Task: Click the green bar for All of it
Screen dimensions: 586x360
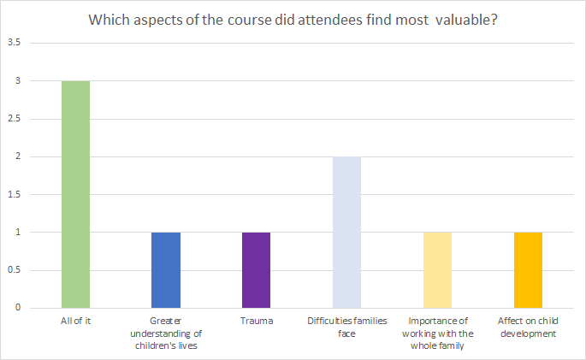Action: click(x=75, y=195)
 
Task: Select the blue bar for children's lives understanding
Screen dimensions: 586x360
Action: click(x=166, y=270)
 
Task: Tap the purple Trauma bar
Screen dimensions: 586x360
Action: click(x=257, y=270)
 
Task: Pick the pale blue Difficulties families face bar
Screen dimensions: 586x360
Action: click(x=346, y=233)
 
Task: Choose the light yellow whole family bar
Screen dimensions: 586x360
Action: click(x=437, y=270)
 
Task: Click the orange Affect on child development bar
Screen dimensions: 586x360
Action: click(x=528, y=270)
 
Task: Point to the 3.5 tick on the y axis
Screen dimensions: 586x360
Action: click(x=15, y=43)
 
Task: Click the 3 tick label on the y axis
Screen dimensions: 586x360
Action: click(x=18, y=80)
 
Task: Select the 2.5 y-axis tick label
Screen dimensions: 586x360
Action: click(x=15, y=119)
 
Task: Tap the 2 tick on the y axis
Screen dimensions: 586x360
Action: click(x=18, y=156)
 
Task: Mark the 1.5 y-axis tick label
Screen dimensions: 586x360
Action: click(x=15, y=195)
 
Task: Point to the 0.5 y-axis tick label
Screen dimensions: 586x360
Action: click(x=15, y=270)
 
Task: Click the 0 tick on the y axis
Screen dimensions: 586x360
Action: click(x=18, y=308)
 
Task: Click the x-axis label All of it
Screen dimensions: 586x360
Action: click(x=75, y=322)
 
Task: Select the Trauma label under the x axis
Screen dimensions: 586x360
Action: click(x=257, y=322)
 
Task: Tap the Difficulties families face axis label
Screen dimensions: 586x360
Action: click(x=346, y=328)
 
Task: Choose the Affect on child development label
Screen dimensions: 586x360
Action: click(x=528, y=328)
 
